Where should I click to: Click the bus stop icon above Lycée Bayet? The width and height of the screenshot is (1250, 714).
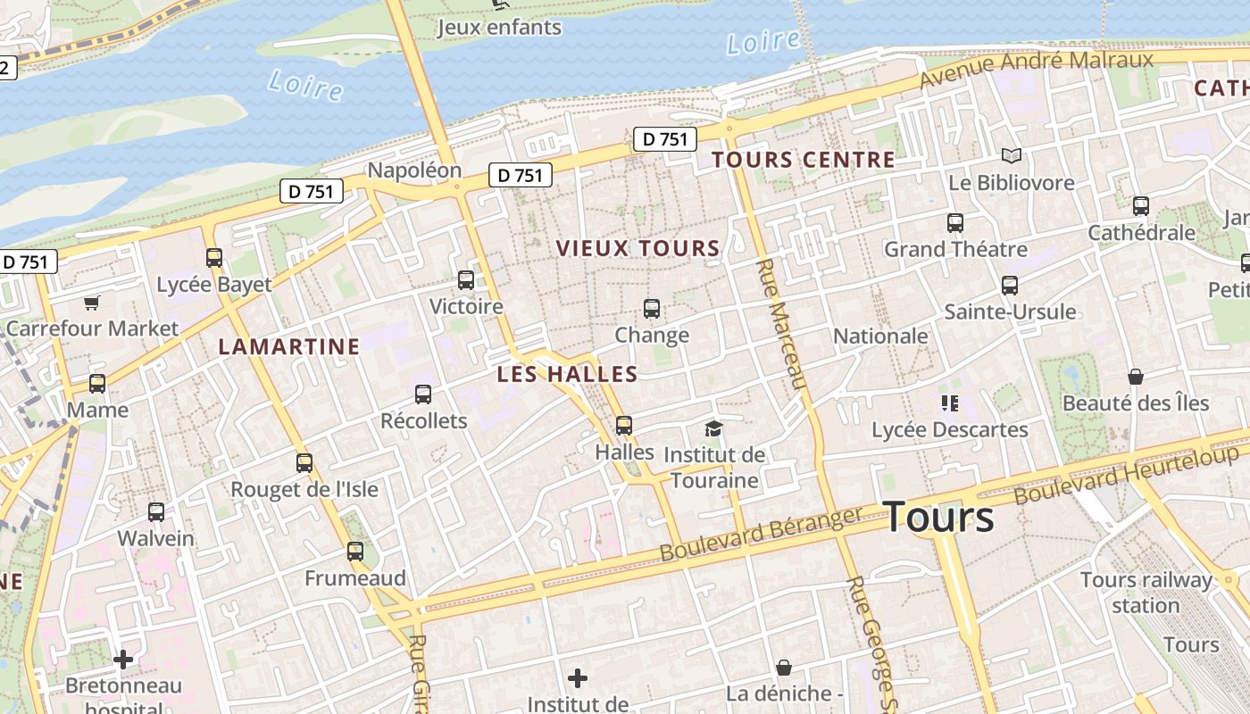tap(214, 258)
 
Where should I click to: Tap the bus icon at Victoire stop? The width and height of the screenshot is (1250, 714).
tap(466, 280)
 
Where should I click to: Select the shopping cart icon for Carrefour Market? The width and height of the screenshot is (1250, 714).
tap(92, 303)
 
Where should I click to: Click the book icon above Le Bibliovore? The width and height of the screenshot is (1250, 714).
tap(1011, 156)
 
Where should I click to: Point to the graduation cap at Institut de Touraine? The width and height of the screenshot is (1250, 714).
tap(713, 429)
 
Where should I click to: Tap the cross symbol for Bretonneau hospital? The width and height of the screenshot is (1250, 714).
tap(123, 660)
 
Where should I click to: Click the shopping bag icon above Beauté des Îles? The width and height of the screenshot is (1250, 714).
tap(1136, 377)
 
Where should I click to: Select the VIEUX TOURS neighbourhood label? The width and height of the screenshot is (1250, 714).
tap(637, 249)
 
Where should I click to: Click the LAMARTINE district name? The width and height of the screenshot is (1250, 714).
tap(289, 347)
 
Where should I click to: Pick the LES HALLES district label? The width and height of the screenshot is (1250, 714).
tap(567, 375)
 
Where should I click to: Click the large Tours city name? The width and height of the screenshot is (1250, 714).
tap(938, 518)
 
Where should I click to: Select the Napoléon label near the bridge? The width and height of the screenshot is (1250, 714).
tap(414, 170)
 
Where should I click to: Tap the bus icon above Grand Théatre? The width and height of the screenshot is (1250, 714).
tap(955, 223)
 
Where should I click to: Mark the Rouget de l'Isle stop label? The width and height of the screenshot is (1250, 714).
tap(304, 490)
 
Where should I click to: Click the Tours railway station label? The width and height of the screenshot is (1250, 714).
tap(1146, 593)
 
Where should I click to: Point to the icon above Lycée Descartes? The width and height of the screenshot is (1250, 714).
tap(949, 403)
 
